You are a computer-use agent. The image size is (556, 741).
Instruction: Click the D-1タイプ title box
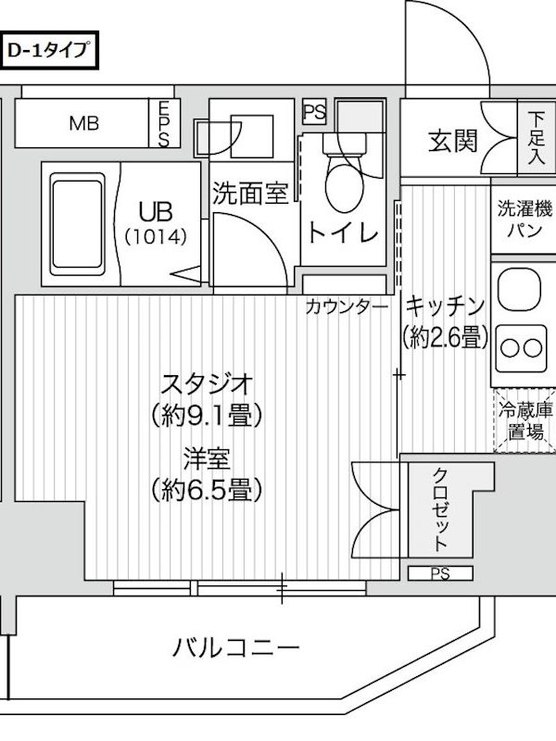(49, 50)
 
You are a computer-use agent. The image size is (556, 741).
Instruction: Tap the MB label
(84, 124)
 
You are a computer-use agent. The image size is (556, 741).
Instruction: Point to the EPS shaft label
(164, 124)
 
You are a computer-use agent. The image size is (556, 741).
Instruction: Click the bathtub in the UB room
(77, 224)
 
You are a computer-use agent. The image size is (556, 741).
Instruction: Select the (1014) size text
(156, 236)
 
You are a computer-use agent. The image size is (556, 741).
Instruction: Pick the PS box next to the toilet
(314, 112)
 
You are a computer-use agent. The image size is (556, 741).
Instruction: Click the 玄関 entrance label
(453, 141)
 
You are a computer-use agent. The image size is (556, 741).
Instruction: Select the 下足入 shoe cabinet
(537, 137)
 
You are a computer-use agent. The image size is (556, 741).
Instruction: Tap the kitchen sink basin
(520, 290)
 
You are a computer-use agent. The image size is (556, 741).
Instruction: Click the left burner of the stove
(511, 349)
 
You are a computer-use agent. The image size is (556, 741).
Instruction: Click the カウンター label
(347, 308)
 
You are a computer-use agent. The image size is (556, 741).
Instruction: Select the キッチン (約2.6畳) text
(445, 322)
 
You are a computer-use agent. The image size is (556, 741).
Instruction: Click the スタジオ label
(207, 383)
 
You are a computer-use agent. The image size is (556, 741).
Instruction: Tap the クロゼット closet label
(440, 509)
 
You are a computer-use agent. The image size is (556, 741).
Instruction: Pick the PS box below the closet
(440, 573)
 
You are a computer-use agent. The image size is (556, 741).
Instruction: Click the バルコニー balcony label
(236, 647)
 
